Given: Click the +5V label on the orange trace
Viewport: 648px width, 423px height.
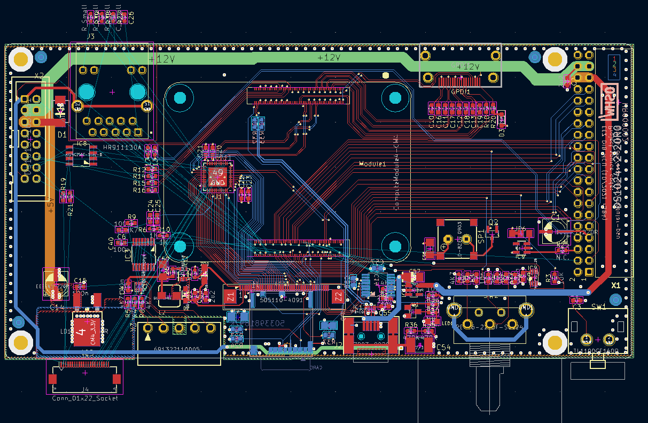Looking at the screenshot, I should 51,207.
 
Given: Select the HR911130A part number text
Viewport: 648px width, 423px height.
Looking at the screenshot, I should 122,148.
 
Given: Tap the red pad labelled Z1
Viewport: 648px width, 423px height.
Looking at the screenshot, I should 230,296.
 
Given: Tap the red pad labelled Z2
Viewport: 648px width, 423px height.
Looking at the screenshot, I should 338,296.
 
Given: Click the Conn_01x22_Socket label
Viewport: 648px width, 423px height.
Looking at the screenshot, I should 85,398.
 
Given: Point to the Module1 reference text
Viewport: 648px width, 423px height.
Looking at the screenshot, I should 372,164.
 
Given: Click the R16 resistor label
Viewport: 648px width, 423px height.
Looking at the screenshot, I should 139,190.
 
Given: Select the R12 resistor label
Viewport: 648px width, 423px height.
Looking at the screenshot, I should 139,170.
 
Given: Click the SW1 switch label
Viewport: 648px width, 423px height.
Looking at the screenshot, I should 599,307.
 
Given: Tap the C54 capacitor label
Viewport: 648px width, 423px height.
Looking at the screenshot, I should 443,348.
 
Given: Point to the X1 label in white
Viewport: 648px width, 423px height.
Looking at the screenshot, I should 616,286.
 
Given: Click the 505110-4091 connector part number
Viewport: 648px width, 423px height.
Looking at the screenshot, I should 281,301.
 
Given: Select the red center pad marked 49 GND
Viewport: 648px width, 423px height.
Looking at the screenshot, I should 217,178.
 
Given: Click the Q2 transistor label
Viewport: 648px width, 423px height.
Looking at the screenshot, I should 493,222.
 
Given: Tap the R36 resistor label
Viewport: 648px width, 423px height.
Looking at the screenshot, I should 411,325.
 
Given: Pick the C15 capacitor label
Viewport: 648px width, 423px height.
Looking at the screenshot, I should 80,281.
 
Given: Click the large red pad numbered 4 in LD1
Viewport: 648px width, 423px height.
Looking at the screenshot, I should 82,330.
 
